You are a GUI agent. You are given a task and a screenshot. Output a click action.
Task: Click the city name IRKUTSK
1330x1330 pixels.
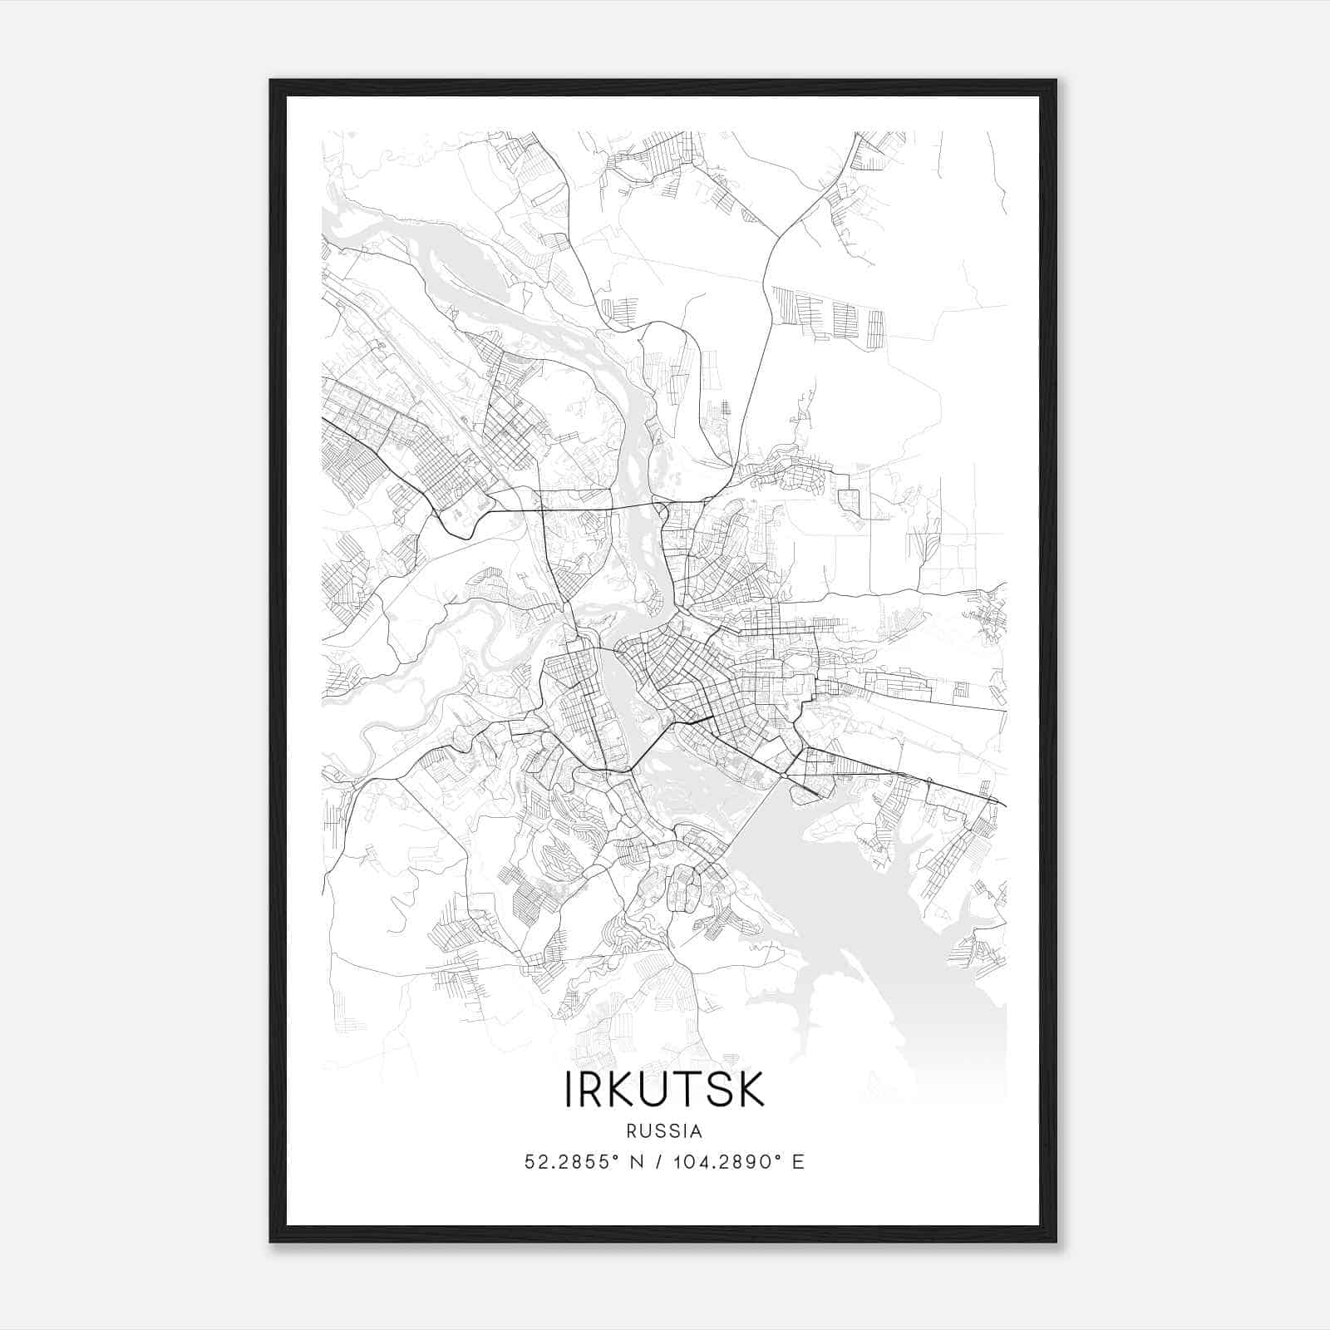[x=664, y=1090]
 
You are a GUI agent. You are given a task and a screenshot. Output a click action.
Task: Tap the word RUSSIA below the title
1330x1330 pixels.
[x=664, y=1131]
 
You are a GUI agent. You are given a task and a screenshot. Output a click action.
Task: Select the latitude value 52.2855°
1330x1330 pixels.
[x=570, y=1162]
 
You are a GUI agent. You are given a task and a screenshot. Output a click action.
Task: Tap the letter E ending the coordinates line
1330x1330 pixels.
[x=798, y=1162]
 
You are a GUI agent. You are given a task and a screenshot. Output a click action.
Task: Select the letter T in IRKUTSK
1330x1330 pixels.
[x=692, y=1090]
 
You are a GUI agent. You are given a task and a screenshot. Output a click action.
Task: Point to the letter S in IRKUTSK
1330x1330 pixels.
[x=719, y=1090]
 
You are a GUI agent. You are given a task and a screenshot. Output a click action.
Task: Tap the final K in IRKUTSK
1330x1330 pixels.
[x=751, y=1090]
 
